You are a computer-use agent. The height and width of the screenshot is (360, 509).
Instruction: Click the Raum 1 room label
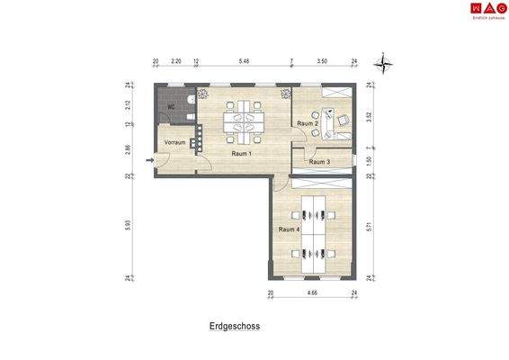click(241, 154)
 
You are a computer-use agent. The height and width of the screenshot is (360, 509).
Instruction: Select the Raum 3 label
click(319, 162)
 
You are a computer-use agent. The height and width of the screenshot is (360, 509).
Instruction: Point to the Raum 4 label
click(289, 229)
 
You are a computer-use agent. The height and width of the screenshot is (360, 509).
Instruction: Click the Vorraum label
click(174, 142)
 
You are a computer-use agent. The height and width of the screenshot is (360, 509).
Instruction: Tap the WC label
click(170, 105)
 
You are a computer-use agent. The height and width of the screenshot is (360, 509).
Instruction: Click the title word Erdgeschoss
click(228, 328)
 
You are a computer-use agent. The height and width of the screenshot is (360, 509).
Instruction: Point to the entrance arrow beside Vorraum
click(149, 162)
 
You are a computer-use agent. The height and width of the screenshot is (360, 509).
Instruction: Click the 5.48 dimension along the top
click(244, 62)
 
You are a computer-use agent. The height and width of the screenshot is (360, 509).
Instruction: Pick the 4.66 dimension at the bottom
click(312, 293)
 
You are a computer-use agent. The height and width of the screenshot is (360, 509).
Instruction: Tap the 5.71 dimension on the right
click(369, 228)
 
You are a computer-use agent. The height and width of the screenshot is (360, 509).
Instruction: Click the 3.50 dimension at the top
click(322, 62)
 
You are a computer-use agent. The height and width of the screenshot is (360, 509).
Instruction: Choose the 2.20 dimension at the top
click(176, 62)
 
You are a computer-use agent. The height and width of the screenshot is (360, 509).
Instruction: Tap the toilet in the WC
click(189, 102)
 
